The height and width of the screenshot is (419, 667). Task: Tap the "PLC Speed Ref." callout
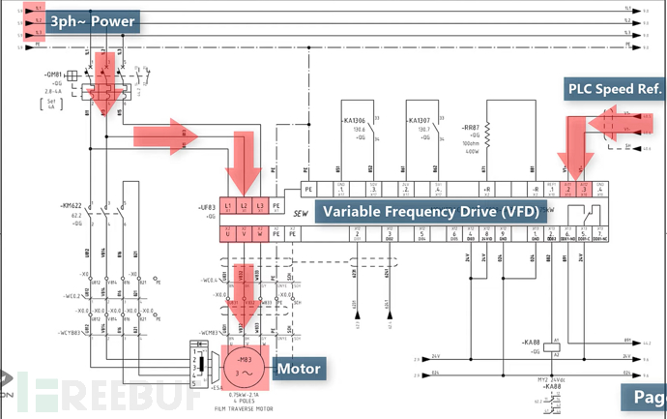pos(615,90)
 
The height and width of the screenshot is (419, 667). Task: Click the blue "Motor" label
pos(299,369)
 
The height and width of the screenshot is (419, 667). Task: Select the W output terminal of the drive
pos(260,233)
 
